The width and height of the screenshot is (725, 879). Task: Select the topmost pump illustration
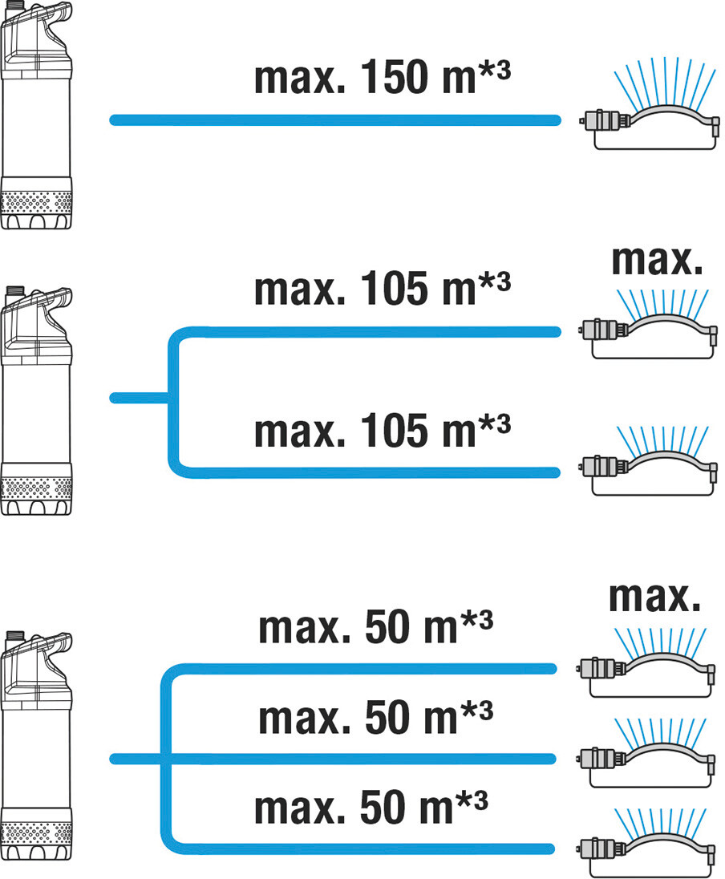(36, 115)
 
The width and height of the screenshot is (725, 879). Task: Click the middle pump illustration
(36, 400)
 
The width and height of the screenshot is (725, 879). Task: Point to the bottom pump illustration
(36, 746)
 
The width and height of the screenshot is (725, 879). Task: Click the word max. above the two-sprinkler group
(657, 260)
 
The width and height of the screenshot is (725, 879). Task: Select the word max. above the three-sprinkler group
(655, 597)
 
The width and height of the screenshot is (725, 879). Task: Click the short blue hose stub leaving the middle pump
(139, 398)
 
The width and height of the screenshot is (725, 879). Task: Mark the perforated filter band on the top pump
(36, 202)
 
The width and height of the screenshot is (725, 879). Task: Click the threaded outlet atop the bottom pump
(14, 635)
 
